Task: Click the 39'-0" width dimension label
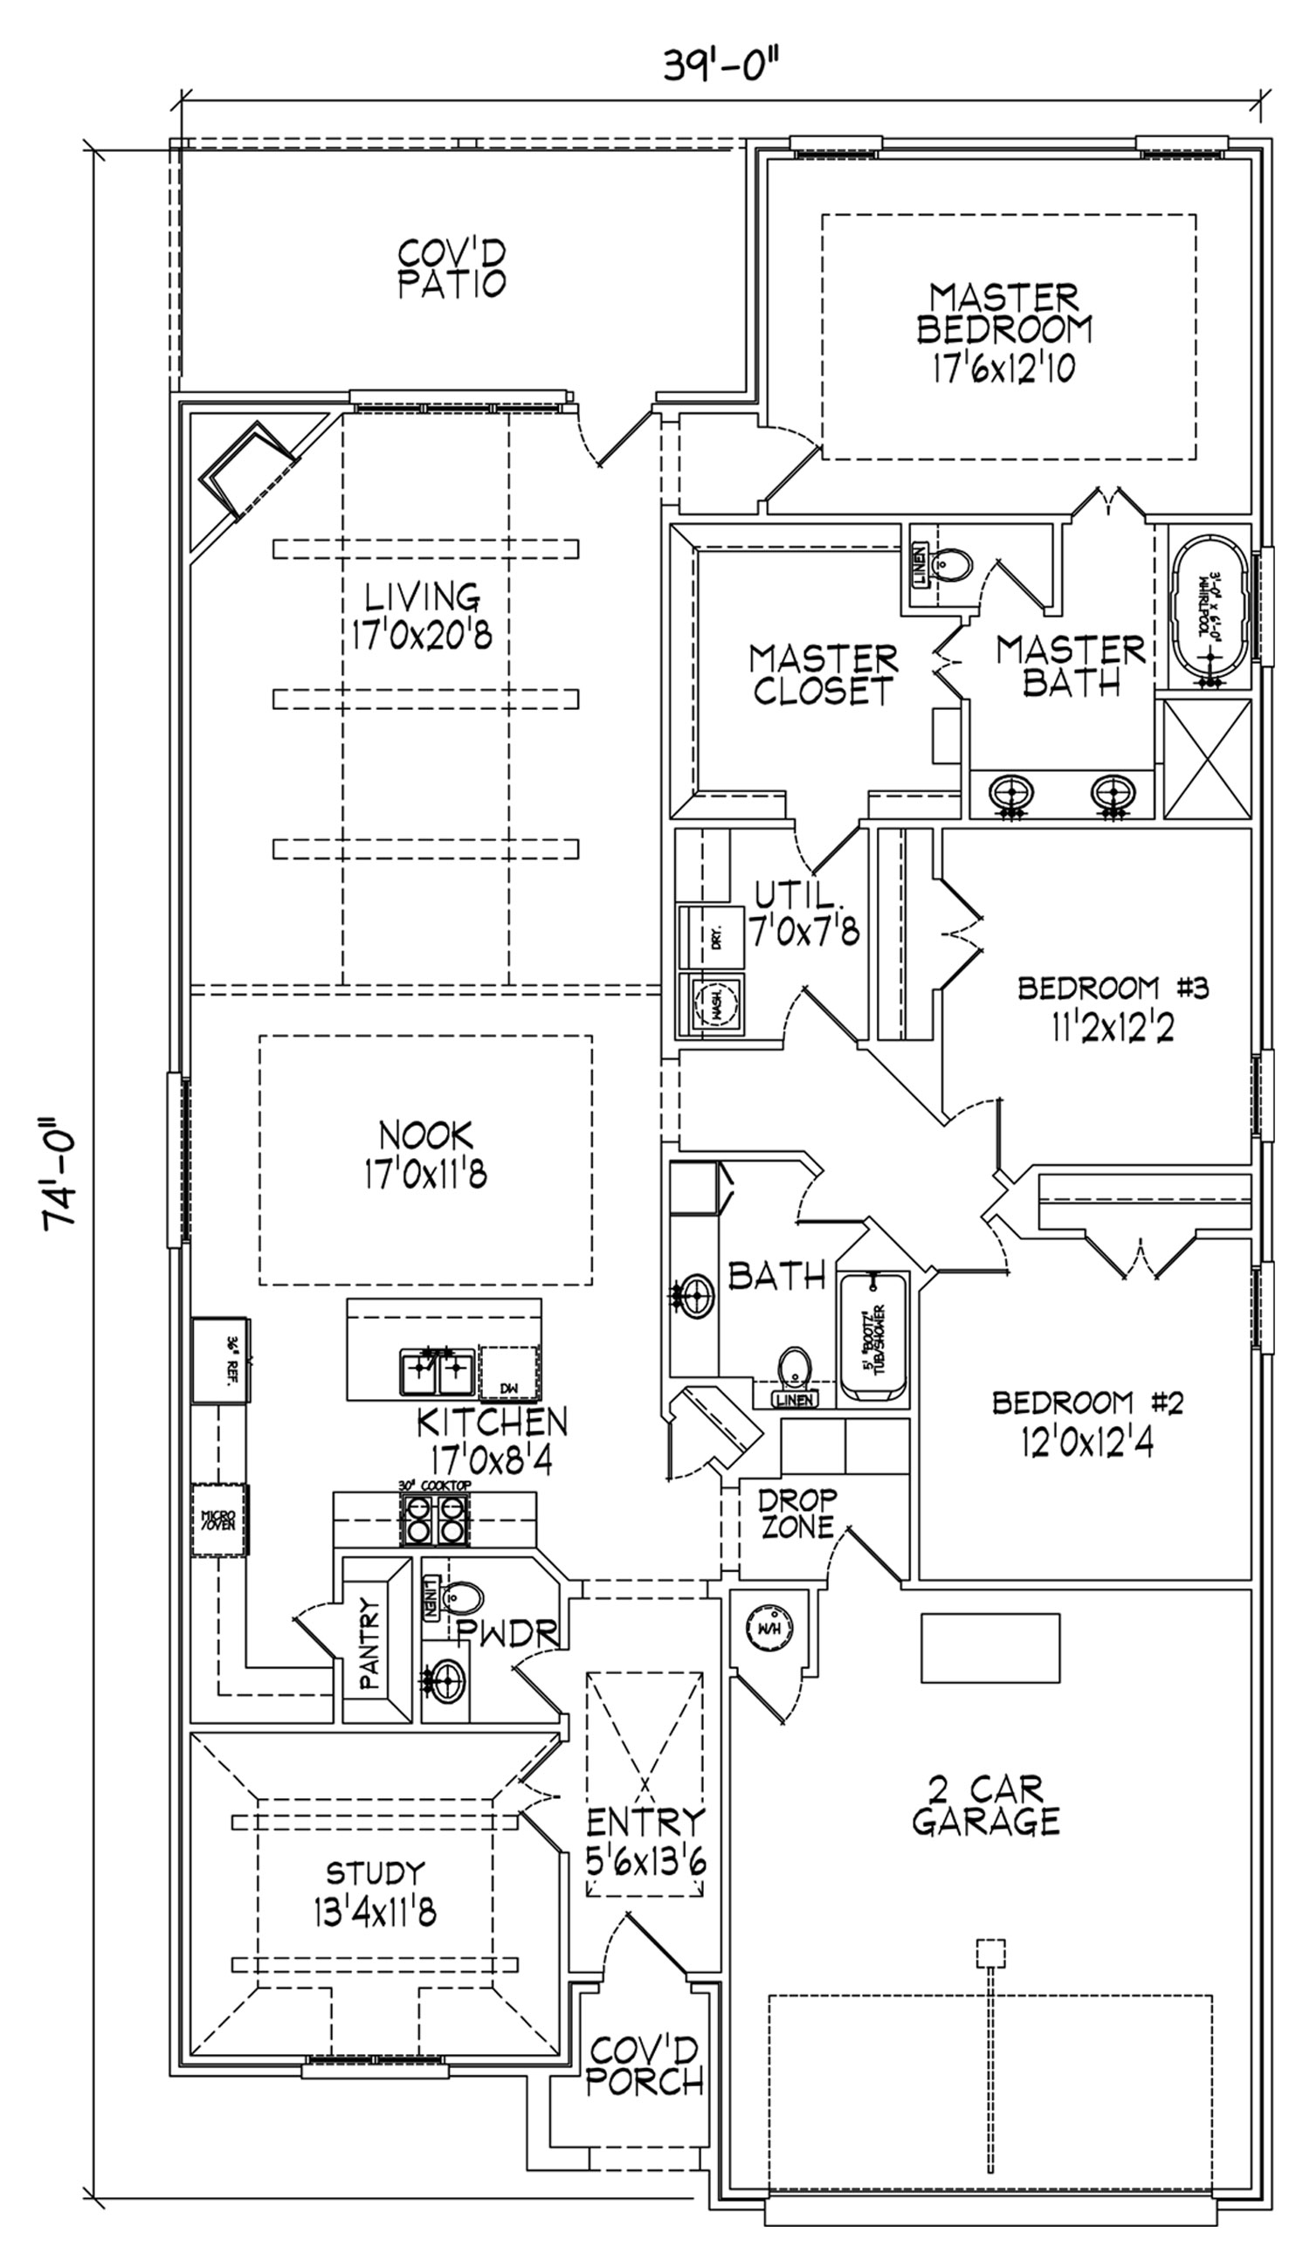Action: point(720,65)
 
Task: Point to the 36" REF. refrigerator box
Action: point(222,1361)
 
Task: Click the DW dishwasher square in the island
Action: point(510,1371)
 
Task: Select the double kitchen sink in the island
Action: point(438,1371)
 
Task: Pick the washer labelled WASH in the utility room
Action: point(717,1005)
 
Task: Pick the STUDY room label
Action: point(375,1869)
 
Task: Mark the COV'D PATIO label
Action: point(452,267)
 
